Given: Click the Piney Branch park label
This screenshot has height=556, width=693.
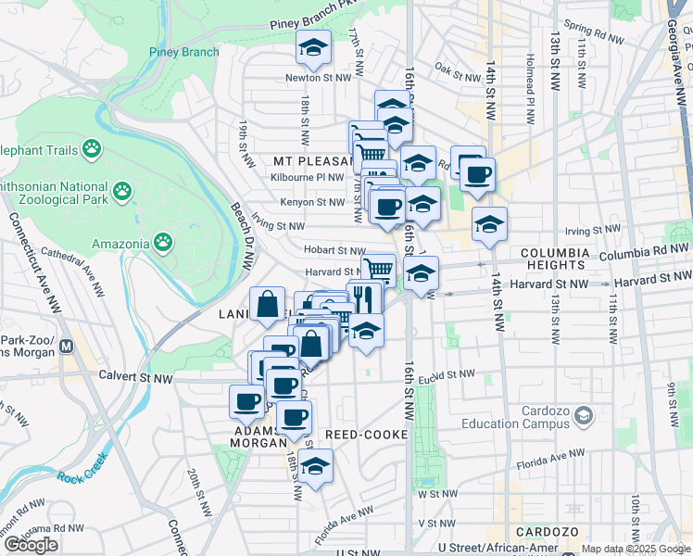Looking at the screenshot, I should (x=183, y=52).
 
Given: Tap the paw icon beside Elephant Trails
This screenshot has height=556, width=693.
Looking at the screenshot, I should (x=92, y=148).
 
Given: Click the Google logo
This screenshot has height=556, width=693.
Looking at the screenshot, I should (x=31, y=545).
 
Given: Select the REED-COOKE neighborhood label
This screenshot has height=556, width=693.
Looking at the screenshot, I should (x=359, y=434).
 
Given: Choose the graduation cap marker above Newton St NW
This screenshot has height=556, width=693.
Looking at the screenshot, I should (x=313, y=47).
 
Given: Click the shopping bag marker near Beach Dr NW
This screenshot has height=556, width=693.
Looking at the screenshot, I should (x=267, y=304).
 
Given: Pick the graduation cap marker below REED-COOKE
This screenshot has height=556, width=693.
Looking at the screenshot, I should (x=315, y=465).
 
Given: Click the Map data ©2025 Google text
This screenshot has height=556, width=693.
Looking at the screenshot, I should (x=634, y=549).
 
